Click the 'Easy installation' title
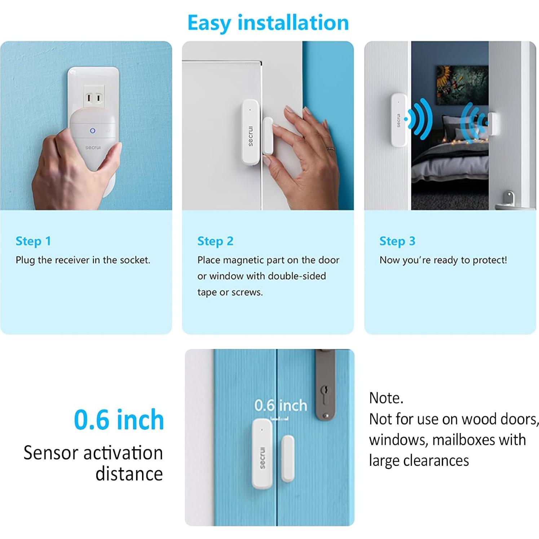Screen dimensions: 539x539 [x=268, y=23]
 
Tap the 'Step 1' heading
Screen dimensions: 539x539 [x=33, y=241]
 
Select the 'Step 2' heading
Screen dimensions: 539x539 [x=215, y=241]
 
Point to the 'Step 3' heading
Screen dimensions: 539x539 [x=397, y=241]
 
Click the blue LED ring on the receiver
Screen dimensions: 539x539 [x=93, y=131]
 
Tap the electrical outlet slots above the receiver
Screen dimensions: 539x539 [x=93, y=98]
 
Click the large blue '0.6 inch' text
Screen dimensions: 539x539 [x=119, y=420]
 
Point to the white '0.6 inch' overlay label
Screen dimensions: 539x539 [x=280, y=406]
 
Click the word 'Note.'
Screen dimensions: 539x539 [x=386, y=398]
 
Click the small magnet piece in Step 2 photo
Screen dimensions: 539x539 [x=268, y=136]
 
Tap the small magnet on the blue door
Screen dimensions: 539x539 [x=288, y=458]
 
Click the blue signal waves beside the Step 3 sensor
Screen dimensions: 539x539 [x=420, y=119]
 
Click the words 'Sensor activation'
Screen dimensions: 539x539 [x=93, y=453]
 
